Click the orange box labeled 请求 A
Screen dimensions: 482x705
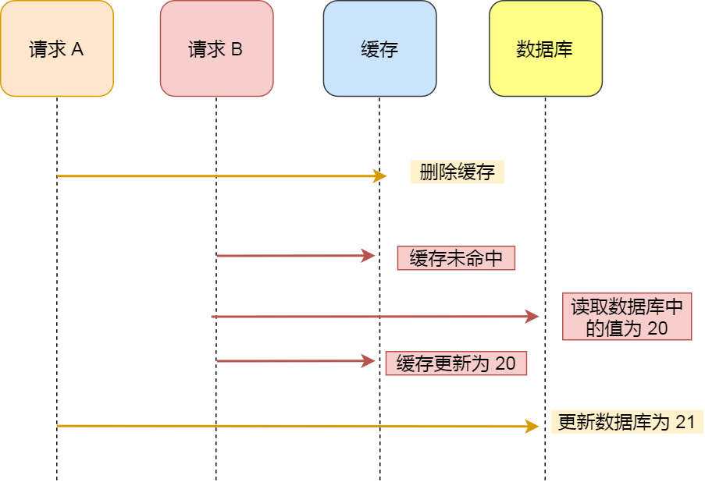click(57, 48)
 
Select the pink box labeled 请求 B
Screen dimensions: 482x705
click(216, 48)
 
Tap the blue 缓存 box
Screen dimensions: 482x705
click(379, 48)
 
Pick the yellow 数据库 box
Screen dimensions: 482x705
click(545, 48)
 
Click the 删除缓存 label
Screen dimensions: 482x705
click(457, 172)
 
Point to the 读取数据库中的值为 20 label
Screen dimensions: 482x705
click(626, 317)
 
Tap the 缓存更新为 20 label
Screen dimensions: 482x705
click(456, 363)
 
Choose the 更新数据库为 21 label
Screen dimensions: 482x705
click(626, 422)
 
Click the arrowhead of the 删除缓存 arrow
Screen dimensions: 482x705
click(382, 176)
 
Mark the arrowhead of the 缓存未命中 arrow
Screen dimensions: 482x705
click(371, 255)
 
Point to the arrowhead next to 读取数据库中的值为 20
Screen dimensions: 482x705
click(533, 317)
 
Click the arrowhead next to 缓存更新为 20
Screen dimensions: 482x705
click(371, 361)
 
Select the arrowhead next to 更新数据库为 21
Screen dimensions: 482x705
click(533, 426)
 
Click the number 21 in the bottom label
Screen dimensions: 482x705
click(685, 422)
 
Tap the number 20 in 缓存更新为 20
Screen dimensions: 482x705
click(506, 363)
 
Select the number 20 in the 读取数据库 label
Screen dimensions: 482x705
click(657, 328)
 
